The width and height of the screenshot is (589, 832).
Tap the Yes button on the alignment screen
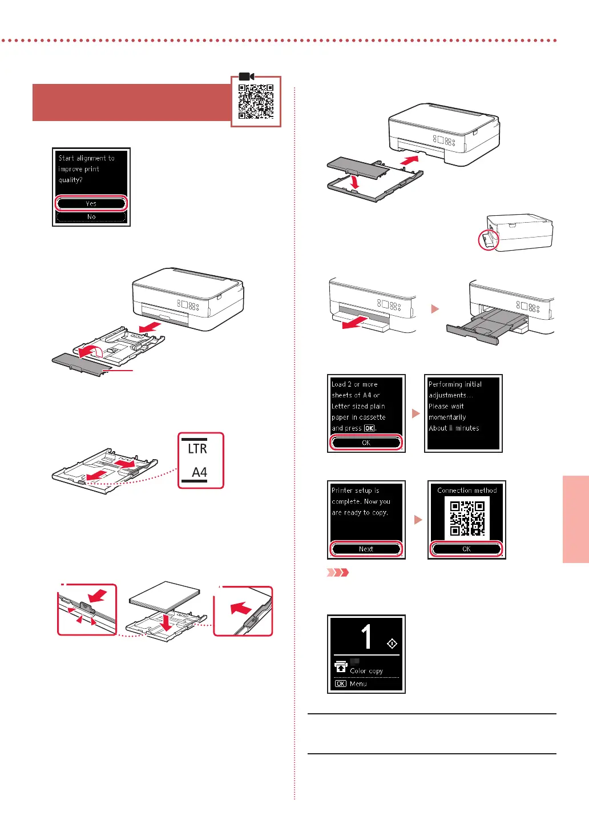click(91, 203)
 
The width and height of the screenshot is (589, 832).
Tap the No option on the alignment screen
click(91, 217)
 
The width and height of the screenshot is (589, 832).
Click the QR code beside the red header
click(256, 102)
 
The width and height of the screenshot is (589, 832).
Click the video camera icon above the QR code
click(246, 77)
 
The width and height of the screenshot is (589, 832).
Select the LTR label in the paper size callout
click(197, 449)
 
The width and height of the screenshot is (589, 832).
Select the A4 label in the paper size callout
click(199, 472)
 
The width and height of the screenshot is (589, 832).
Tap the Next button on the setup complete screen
click(366, 549)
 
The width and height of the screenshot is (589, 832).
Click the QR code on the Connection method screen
click(467, 519)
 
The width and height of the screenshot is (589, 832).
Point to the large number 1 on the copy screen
click(366, 637)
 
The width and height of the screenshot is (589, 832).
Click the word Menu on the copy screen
click(358, 684)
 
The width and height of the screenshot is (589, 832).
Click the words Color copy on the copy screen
click(366, 671)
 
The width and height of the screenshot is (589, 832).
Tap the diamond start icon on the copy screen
click(392, 644)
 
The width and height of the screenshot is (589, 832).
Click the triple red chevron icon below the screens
click(337, 572)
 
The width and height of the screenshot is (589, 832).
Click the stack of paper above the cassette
click(165, 597)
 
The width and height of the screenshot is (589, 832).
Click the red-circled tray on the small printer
click(488, 240)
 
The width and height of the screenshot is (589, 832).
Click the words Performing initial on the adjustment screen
click(455, 384)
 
